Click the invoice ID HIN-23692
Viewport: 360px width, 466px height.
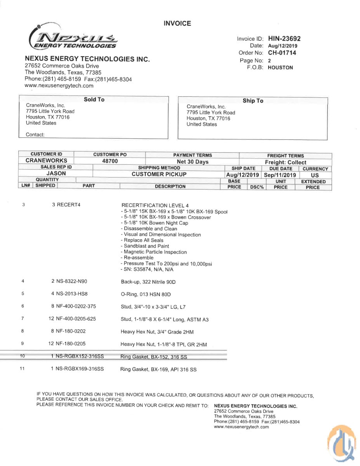coord(284,38)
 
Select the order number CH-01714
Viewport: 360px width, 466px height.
coord(282,53)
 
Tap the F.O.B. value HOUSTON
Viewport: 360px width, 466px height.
coord(280,67)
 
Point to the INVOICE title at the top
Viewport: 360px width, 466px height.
coord(177,23)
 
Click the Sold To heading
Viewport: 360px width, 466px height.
coord(94,99)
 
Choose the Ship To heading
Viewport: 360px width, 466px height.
coord(253,101)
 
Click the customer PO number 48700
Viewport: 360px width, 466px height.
coord(110,161)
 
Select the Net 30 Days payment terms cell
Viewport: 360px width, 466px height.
coord(193,162)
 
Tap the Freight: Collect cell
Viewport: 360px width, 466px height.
coord(285,162)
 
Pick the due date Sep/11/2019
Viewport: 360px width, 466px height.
coord(280,175)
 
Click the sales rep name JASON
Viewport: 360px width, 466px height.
coord(56,174)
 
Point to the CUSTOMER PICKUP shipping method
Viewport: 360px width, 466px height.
coord(159,174)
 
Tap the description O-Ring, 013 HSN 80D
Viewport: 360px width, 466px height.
coord(146,294)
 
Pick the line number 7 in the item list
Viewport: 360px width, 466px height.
coord(23,319)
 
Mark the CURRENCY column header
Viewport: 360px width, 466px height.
coord(315,169)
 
